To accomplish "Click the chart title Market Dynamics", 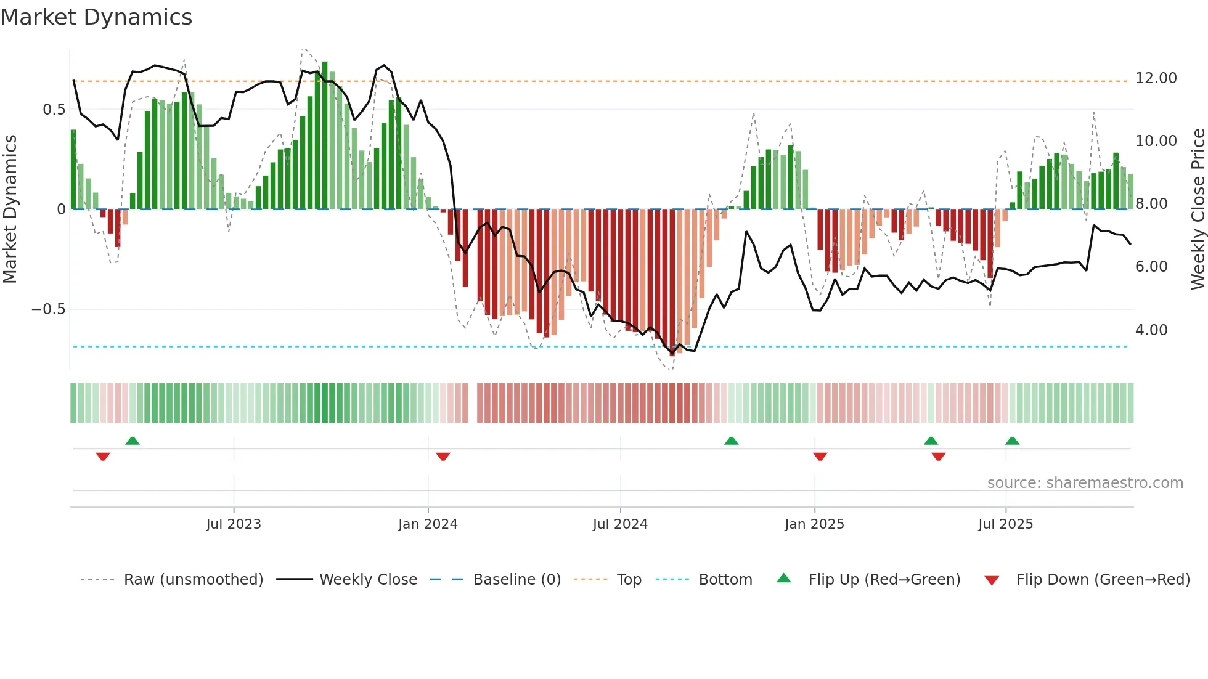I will tap(97, 17).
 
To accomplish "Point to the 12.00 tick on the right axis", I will tap(1156, 78).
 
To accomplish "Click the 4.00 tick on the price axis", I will tap(1151, 330).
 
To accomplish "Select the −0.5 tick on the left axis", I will tap(49, 309).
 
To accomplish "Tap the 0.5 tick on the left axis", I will tap(54, 110).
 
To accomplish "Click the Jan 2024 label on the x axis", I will tap(428, 524).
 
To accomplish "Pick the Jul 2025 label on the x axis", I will tap(1005, 524).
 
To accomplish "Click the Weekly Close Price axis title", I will tap(1198, 209).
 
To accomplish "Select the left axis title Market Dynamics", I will tap(10, 209).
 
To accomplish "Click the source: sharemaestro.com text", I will tap(1085, 483).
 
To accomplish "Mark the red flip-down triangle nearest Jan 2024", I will tap(443, 457).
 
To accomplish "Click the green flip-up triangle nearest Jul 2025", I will tap(1012, 441).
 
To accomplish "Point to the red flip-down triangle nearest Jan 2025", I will tap(820, 457).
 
